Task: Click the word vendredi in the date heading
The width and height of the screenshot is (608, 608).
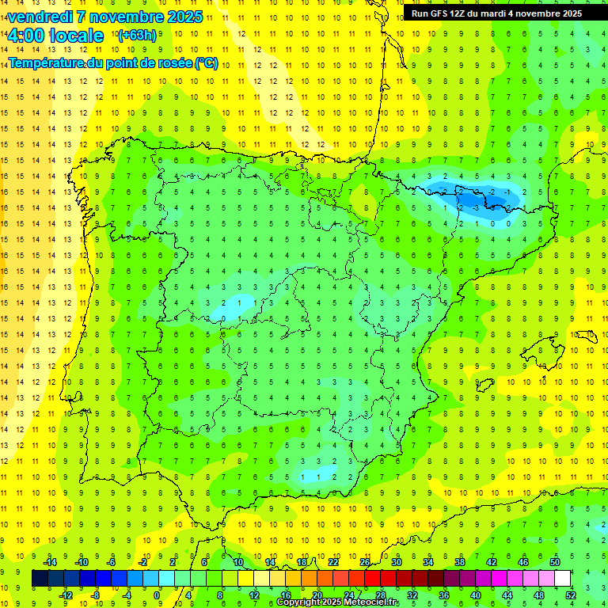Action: tap(39, 17)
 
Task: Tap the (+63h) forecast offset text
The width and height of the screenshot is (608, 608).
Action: tap(136, 35)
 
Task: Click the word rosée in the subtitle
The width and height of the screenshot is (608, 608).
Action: tap(173, 63)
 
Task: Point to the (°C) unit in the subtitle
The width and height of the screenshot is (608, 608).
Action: tap(207, 63)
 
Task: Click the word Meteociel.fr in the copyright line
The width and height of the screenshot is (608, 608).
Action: tap(367, 602)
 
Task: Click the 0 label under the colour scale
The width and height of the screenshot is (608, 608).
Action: tap(158, 595)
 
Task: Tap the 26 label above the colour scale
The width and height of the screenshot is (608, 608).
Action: tap(365, 562)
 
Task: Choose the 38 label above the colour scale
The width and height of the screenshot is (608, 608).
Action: tap(460, 562)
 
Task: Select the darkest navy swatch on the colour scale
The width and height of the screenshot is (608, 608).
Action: tap(40, 579)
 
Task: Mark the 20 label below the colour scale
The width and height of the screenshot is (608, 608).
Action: tap(317, 595)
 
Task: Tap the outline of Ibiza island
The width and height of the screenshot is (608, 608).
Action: tap(484, 385)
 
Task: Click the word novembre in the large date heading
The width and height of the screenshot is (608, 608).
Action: tap(126, 17)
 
